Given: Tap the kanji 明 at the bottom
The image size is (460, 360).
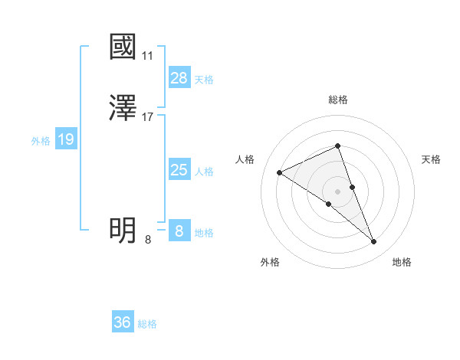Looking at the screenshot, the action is click(123, 230).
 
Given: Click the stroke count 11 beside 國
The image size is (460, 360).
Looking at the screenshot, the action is click(148, 56).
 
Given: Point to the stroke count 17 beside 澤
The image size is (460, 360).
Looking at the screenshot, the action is click(148, 117).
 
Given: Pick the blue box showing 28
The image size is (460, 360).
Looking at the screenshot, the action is click(179, 78).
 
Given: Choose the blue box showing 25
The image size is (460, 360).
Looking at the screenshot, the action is click(179, 170).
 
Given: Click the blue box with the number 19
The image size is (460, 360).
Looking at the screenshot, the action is click(66, 139).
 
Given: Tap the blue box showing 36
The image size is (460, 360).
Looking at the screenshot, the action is click(123, 322).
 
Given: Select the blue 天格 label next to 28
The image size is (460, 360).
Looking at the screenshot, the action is click(203, 80).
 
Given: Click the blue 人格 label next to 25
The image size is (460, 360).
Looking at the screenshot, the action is click(203, 172).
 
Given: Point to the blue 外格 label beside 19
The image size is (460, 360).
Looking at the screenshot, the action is click(41, 141).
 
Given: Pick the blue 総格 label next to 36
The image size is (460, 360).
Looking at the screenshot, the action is click(147, 324).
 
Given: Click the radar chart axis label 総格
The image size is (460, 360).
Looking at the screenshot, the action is click(338, 100).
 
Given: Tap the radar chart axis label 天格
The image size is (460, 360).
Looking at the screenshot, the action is click(432, 159).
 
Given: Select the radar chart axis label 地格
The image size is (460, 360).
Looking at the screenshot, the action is click(402, 262).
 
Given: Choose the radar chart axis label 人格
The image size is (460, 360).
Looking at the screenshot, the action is click(245, 159).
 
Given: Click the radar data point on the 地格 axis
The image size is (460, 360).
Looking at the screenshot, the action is click(374, 242).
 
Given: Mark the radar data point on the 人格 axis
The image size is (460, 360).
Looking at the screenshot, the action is click(280, 172).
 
